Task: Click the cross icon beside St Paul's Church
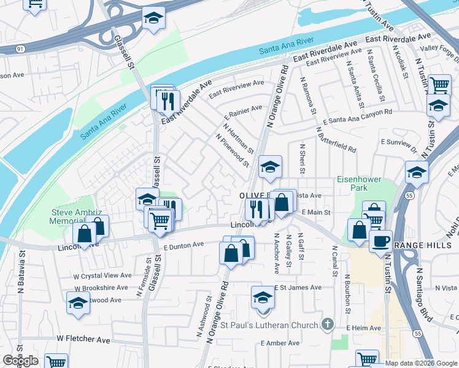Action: click(328, 324)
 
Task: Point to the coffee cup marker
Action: click(380, 240)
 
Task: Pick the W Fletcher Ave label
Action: click(83, 339)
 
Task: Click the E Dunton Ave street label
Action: click(183, 245)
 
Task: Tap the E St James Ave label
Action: click(298, 287)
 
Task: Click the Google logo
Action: click(20, 361)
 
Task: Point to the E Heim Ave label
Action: click(364, 328)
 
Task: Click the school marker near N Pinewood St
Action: click(270, 167)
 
